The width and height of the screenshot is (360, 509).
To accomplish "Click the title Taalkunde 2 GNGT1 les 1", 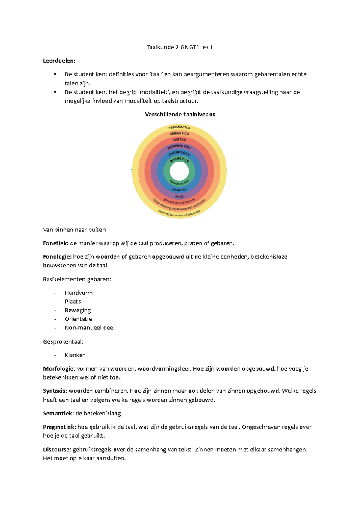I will pyautogui.click(x=180, y=47).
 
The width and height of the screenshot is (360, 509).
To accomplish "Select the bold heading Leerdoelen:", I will pyautogui.click(x=59, y=61).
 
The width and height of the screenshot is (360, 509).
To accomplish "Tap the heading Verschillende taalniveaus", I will pyautogui.click(x=180, y=114).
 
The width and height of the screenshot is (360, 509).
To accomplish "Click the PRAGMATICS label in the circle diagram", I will pyautogui.click(x=179, y=127).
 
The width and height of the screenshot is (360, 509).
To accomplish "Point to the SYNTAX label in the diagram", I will pyautogui.click(x=179, y=140).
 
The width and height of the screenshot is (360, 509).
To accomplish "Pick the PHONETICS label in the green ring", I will pyautogui.click(x=179, y=160).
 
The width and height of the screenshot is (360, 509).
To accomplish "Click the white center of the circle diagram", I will pyautogui.click(x=179, y=171).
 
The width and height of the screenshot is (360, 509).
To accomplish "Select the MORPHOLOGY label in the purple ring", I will pyautogui.click(x=179, y=147).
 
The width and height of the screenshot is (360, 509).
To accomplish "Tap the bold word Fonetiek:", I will pyautogui.click(x=56, y=243).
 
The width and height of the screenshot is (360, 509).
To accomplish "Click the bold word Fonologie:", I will pyautogui.click(x=57, y=257).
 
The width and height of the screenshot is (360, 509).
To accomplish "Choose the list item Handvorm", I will pyautogui.click(x=79, y=293).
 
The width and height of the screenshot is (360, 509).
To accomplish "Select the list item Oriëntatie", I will pyautogui.click(x=78, y=319).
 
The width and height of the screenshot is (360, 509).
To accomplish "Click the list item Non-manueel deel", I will pyautogui.click(x=89, y=328).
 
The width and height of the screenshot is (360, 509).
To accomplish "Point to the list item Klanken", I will pyautogui.click(x=75, y=355).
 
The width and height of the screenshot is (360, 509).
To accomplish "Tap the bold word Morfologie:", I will pyautogui.click(x=59, y=368).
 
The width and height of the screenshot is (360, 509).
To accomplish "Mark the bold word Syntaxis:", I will pyautogui.click(x=55, y=391).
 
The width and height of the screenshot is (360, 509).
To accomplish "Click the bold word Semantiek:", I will pyautogui.click(x=58, y=413).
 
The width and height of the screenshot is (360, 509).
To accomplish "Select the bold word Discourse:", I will pyautogui.click(x=57, y=449).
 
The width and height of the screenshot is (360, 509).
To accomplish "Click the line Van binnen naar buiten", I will pyautogui.click(x=74, y=230).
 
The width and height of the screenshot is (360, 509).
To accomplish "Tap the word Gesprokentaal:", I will pyautogui.click(x=63, y=341).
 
